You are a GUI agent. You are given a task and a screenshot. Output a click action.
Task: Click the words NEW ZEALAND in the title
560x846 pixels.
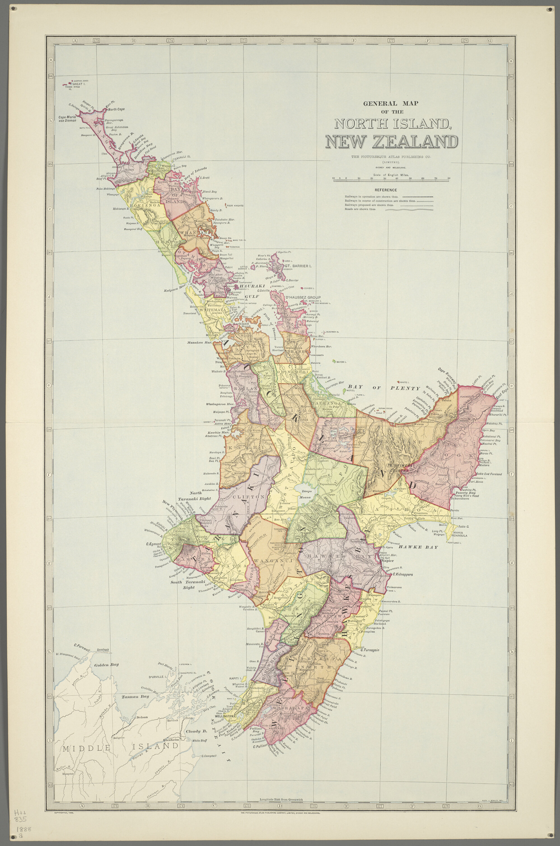click(391, 142)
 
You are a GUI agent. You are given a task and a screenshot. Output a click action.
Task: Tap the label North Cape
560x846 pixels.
click(116, 109)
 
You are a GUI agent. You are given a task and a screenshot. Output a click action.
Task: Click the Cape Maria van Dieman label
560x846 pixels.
click(67, 119)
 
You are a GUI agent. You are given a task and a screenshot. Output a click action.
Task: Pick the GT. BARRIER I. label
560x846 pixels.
click(298, 266)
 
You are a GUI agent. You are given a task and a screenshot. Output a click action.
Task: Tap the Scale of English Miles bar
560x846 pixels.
click(391, 180)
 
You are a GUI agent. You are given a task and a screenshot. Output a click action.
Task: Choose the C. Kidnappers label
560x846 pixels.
click(403, 574)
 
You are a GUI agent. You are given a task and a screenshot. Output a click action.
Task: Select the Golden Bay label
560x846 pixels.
click(106, 665)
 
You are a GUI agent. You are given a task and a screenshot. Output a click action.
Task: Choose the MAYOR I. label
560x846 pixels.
click(340, 362)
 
